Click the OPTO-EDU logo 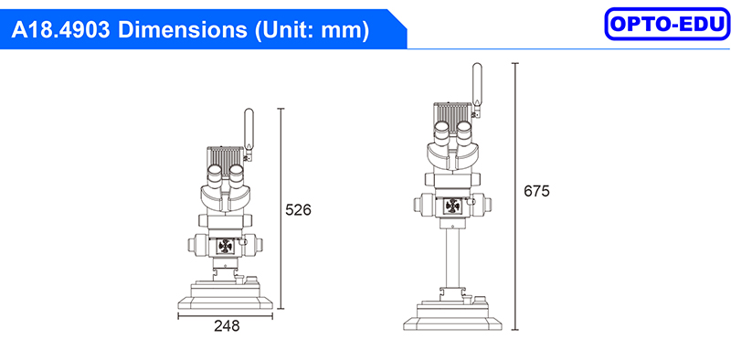pos(667,24)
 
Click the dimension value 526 pos(298,210)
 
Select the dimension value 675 pos(536,191)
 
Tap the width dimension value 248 pos(227,326)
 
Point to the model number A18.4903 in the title pos(60,30)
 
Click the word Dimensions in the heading pos(183,30)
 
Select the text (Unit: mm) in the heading pos(312,31)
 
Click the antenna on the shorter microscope pos(249,133)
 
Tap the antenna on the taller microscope pos(477,89)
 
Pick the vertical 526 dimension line pos(281,208)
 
